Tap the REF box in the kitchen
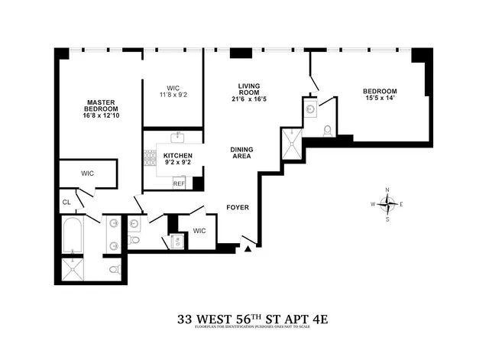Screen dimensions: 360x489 (x=180, y=183)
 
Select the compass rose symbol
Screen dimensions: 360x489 (x=388, y=203)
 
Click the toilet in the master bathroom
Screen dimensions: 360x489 (x=113, y=270)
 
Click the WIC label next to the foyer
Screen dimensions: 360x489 (x=199, y=230)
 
